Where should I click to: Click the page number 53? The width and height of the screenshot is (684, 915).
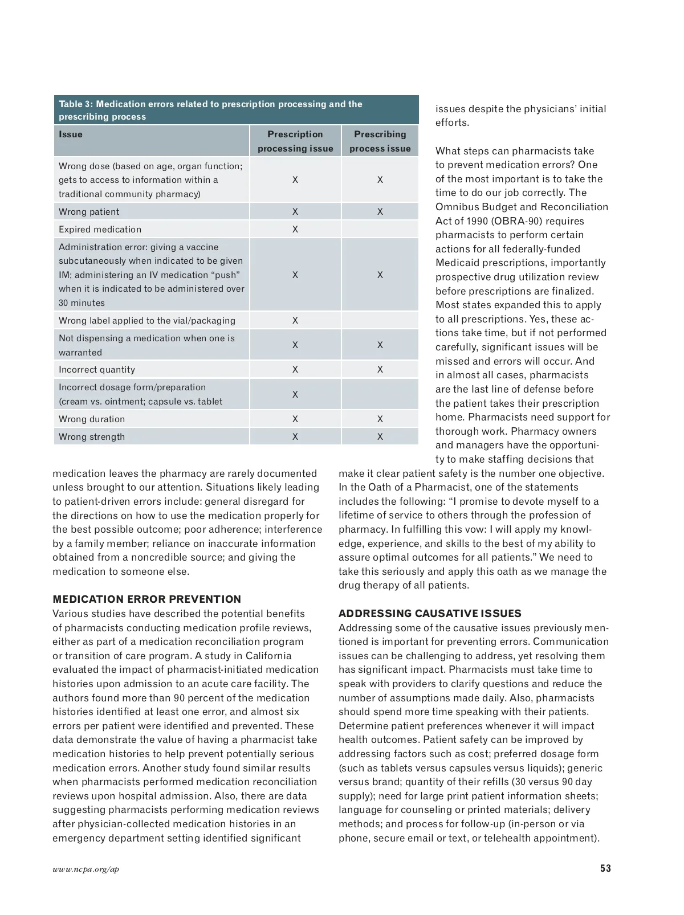point(605,868)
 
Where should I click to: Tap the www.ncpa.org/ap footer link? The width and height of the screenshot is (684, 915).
point(86,869)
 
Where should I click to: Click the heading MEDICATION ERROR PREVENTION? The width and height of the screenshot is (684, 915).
point(146,599)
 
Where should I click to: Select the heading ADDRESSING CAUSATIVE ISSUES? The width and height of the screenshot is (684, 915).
point(430,614)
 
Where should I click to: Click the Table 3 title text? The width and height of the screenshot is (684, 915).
point(210,110)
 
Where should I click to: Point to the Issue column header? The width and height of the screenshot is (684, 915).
point(71,134)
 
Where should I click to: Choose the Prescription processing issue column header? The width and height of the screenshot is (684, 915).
point(295,141)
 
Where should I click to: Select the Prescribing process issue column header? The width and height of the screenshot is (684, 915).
point(380,141)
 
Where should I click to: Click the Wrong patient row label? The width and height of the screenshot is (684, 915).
point(89,212)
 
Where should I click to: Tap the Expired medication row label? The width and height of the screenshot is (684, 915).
point(100,230)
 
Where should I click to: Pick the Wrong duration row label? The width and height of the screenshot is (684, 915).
point(92,419)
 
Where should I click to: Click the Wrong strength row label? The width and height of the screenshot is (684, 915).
point(92,437)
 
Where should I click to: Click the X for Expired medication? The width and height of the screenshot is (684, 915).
point(295,230)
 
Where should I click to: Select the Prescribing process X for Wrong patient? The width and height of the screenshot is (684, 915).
point(380,212)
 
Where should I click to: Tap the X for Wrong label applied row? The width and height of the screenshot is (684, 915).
point(295,321)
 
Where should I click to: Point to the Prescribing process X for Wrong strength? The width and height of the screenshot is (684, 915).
point(380,437)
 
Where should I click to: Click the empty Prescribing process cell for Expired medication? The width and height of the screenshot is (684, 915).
point(380,230)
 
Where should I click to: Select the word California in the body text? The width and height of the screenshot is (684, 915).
point(268,656)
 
